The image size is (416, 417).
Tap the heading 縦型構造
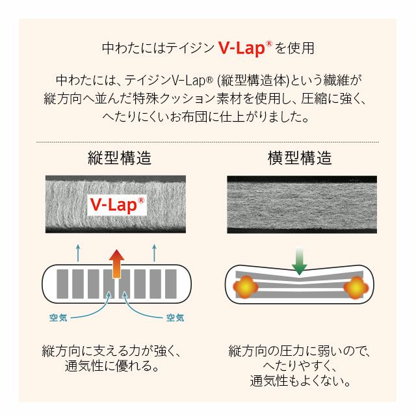(x=120, y=158)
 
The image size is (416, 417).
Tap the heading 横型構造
(x=300, y=158)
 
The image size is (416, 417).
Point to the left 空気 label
(x=58, y=318)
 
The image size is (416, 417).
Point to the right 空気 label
(x=175, y=318)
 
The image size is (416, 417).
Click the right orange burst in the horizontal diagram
(x=356, y=286)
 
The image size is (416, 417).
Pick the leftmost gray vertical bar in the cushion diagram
(x=62, y=284)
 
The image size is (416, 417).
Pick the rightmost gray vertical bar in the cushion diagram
(x=170, y=284)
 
